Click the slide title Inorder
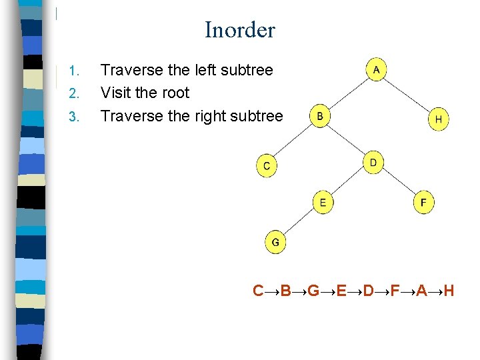pos(239,30)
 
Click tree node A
pos(377,69)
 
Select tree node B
pos(320,116)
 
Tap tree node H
pos(438,120)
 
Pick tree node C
pos(267,166)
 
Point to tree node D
pos(373,162)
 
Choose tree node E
pos(323,202)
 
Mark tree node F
pos(423,202)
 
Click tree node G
pos(275,242)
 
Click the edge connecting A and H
pos(407,94)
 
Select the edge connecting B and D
pos(347,139)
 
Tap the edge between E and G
pos(299,222)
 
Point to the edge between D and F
pos(399,182)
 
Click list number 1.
pos(75,71)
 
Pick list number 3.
pos(74,117)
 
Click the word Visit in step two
pos(117,93)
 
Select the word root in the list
pos(174,93)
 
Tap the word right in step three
pos(209,116)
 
